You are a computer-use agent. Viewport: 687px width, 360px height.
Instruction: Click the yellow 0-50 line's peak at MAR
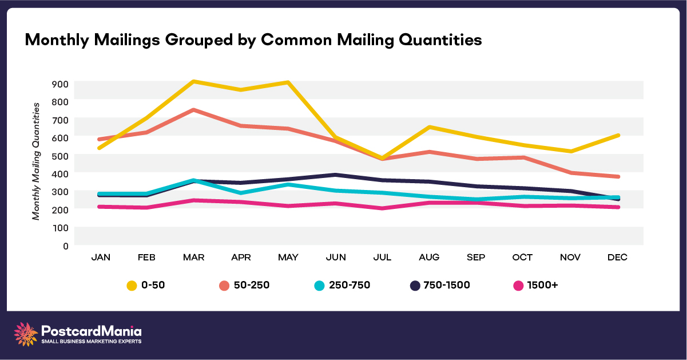194,82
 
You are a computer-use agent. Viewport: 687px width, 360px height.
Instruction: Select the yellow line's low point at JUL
382,158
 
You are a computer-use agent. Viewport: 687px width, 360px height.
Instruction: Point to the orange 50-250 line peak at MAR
194,109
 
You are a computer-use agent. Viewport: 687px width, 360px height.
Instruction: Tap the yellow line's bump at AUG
429,127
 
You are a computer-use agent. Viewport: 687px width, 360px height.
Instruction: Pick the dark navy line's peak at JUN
336,175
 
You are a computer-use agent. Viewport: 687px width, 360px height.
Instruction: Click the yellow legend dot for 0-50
132,284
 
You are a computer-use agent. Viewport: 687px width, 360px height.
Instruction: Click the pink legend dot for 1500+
519,284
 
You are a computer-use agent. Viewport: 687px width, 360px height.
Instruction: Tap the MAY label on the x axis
288,258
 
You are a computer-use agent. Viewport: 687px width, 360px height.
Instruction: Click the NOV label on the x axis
570,258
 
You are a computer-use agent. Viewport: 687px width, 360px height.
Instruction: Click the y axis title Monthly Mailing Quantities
36,161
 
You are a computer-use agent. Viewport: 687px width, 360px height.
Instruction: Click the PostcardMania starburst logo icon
26,334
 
